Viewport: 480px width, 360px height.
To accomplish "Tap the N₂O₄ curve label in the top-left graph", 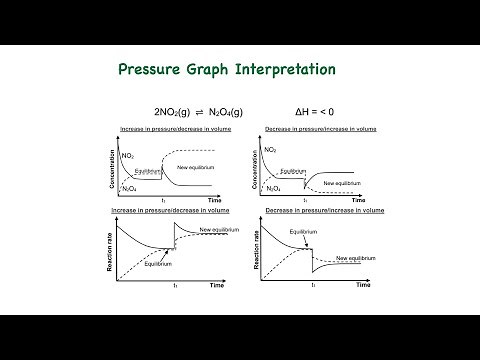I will pos(128,187).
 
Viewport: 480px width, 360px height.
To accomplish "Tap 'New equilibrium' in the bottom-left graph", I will pos(218,230).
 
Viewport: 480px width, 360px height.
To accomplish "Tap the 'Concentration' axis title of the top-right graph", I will pos(260,166).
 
